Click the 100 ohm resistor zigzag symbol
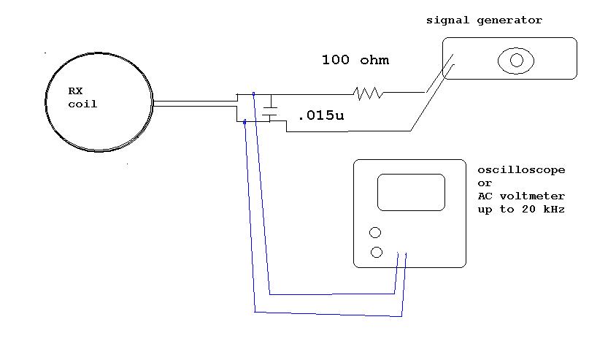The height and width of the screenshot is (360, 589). (x=369, y=93)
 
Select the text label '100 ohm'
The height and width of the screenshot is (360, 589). (x=355, y=60)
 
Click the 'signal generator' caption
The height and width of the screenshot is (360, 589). (x=484, y=20)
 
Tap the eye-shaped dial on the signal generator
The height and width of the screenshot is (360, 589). (x=516, y=61)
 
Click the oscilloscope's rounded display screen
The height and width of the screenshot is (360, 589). (x=411, y=192)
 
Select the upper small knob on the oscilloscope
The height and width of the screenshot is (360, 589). (x=375, y=233)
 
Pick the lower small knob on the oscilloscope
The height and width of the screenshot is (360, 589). (x=377, y=253)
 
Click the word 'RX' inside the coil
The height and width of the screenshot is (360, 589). (x=76, y=91)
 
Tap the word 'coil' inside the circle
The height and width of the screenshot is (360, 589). (x=82, y=104)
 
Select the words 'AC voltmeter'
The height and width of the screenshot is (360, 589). (x=521, y=196)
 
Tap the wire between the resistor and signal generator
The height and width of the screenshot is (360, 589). (x=404, y=93)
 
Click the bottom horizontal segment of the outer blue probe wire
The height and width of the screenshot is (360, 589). (x=328, y=314)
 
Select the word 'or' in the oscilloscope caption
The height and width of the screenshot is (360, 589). (x=484, y=183)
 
